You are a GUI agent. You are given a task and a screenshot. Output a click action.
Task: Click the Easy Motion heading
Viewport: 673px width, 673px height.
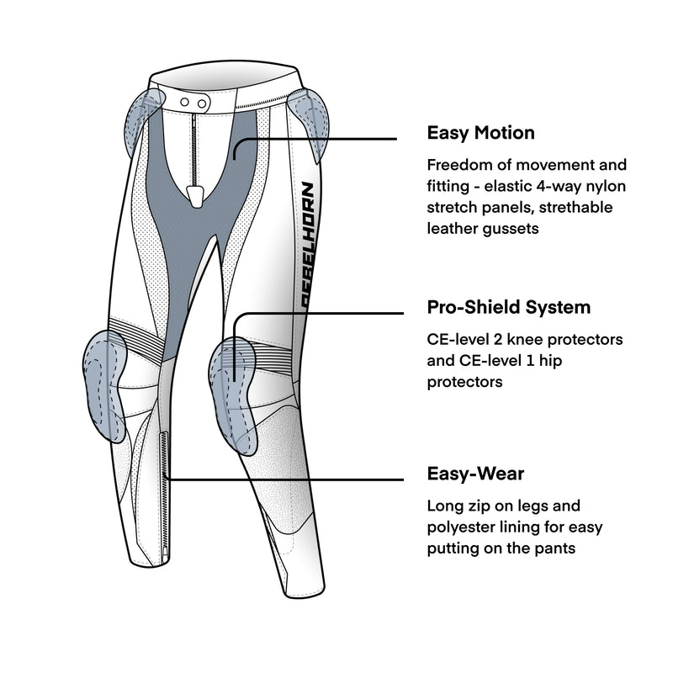tap(480, 133)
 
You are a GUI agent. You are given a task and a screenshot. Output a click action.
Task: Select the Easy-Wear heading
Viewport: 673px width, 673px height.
tap(475, 474)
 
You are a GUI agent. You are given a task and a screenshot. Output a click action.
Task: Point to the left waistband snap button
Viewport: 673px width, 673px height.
tap(185, 102)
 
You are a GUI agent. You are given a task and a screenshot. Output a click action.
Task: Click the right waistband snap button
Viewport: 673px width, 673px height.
tap(202, 102)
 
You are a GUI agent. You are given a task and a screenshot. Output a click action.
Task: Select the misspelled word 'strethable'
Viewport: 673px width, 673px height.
tap(580, 207)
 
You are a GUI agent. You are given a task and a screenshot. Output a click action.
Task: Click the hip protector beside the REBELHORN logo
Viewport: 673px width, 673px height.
tap(311, 126)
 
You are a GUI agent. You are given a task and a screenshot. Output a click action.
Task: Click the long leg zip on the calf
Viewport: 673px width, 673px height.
tap(164, 471)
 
